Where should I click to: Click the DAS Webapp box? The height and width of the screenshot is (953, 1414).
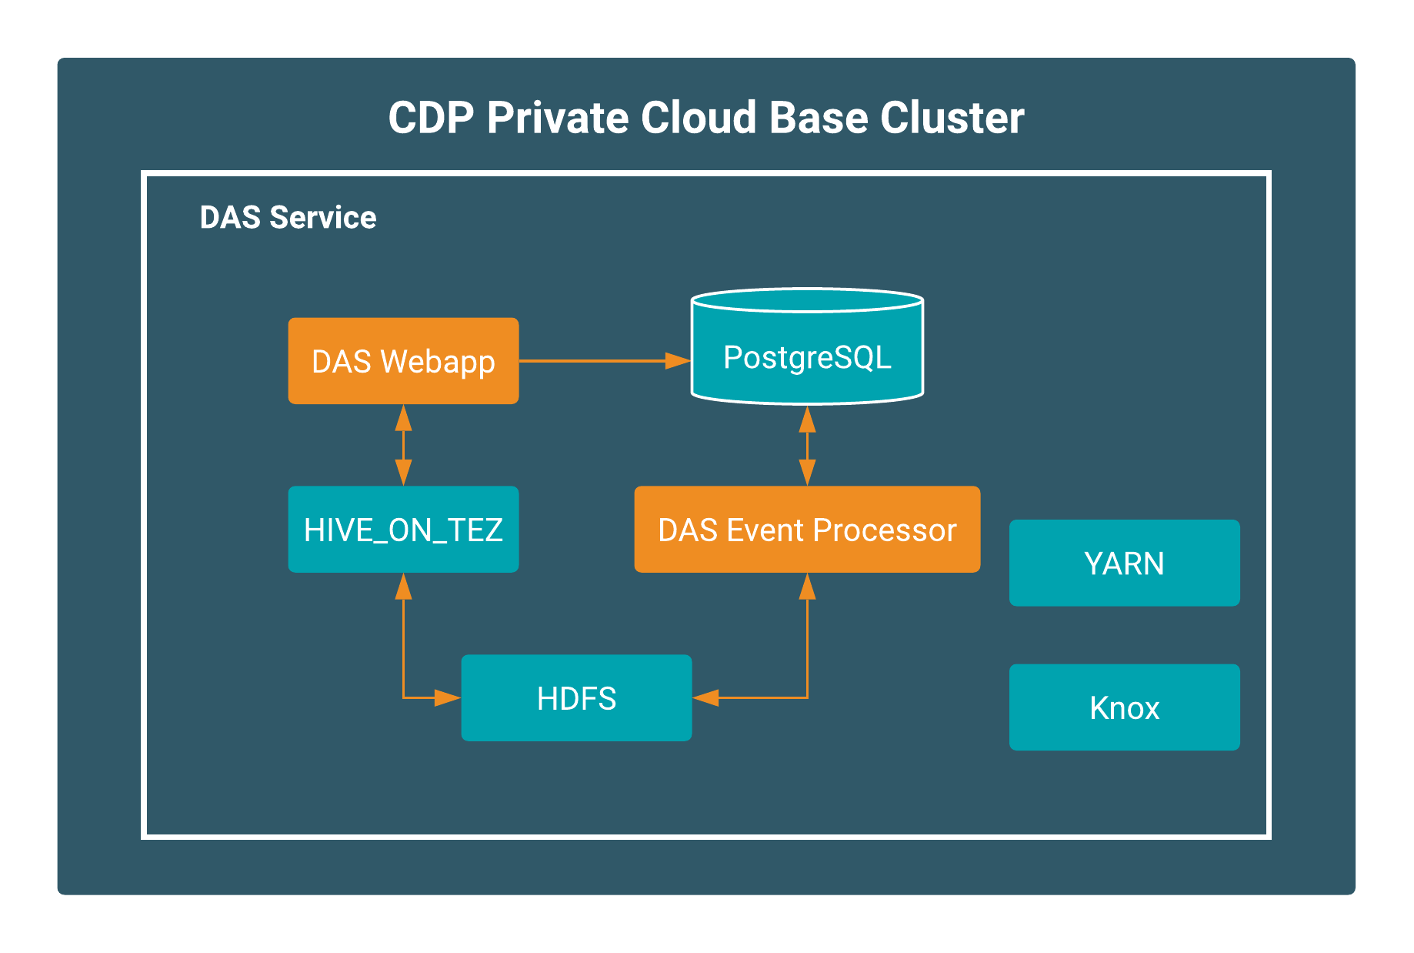coord(403,360)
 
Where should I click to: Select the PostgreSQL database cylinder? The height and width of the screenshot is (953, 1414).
coord(807,346)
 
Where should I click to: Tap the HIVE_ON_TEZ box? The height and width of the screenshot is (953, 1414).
coord(403,529)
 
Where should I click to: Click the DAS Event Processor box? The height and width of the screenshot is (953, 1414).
coord(807,529)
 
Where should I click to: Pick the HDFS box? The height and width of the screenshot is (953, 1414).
coord(576,697)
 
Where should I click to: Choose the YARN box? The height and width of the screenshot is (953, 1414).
coord(1124,563)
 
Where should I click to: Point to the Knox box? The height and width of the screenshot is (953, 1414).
coord(1124,707)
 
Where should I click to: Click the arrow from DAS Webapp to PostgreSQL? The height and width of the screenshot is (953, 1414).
coord(605,360)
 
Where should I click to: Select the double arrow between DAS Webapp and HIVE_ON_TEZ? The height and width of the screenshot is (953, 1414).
coord(403,445)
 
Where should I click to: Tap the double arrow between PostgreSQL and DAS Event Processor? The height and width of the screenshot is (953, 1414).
coord(807,446)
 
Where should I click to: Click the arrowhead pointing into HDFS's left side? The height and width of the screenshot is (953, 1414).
coord(448,697)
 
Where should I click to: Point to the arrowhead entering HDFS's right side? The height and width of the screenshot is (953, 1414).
coord(705,697)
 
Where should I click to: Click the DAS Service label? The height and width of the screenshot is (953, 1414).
coord(288,217)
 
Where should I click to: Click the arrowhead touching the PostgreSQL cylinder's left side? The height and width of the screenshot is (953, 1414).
coord(678,360)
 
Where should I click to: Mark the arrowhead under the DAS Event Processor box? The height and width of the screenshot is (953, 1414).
coord(807,586)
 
